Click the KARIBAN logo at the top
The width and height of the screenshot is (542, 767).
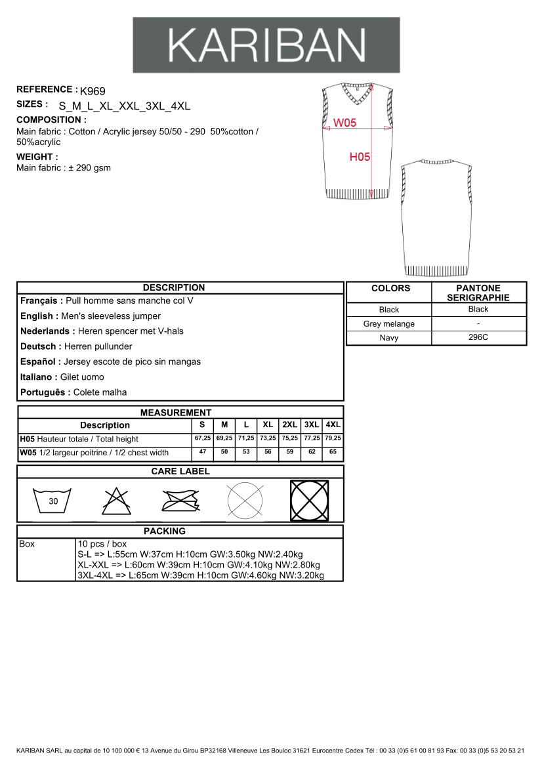pyautogui.click(x=266, y=45)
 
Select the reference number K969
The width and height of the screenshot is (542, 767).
pyautogui.click(x=93, y=91)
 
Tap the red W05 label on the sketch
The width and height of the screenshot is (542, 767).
pyautogui.click(x=344, y=123)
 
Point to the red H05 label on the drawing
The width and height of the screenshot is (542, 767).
pyautogui.click(x=360, y=157)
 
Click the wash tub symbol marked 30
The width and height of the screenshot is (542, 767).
pyautogui.click(x=53, y=501)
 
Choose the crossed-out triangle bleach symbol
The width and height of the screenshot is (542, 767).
pyautogui.click(x=116, y=501)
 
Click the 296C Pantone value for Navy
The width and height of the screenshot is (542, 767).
pyautogui.click(x=478, y=337)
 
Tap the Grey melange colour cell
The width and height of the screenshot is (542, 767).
pyautogui.click(x=388, y=323)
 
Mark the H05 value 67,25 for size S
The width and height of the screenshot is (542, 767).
pyautogui.click(x=203, y=438)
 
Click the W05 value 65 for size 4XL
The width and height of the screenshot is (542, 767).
pyautogui.click(x=333, y=452)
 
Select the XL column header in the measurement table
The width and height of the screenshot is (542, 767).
pyautogui.click(x=268, y=425)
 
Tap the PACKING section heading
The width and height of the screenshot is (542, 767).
pyautogui.click(x=164, y=531)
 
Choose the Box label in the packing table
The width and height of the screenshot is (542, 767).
pyautogui.click(x=27, y=544)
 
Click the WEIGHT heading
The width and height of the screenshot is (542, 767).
pyautogui.click(x=37, y=157)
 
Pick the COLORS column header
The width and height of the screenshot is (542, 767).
pyautogui.click(x=390, y=288)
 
